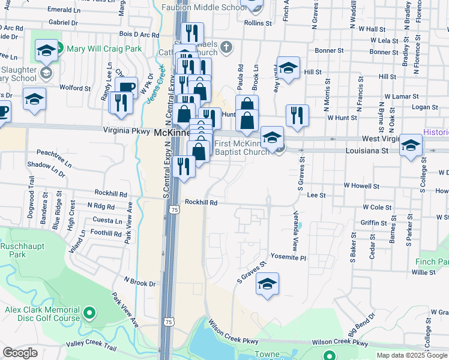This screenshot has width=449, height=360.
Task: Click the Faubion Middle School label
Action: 204,7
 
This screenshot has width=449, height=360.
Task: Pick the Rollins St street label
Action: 259,23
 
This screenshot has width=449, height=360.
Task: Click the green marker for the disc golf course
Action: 89,312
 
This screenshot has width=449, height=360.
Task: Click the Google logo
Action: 20,353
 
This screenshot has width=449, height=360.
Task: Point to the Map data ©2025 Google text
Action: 411,355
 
